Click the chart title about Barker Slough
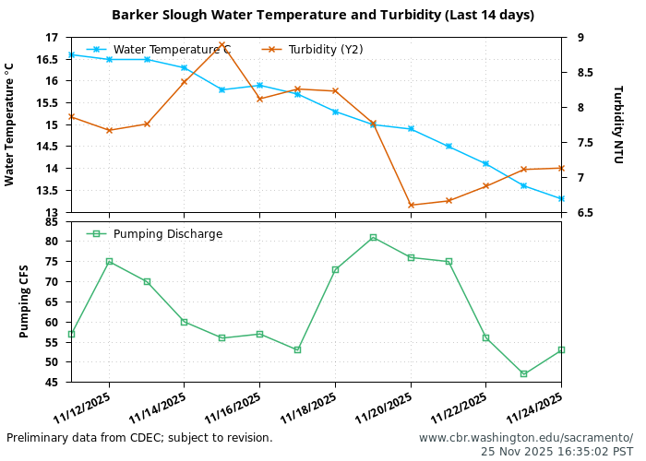click(322, 15)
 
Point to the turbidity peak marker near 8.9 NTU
click(222, 44)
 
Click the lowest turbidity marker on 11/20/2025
click(411, 205)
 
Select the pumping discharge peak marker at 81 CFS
click(373, 237)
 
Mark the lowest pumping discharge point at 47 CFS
click(523, 373)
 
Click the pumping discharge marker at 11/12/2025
click(109, 261)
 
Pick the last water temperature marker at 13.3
click(561, 198)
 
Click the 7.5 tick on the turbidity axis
click(580, 143)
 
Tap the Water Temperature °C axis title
click(9, 124)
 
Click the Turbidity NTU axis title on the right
click(617, 124)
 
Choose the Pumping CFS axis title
click(25, 301)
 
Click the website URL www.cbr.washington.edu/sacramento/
click(526, 438)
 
